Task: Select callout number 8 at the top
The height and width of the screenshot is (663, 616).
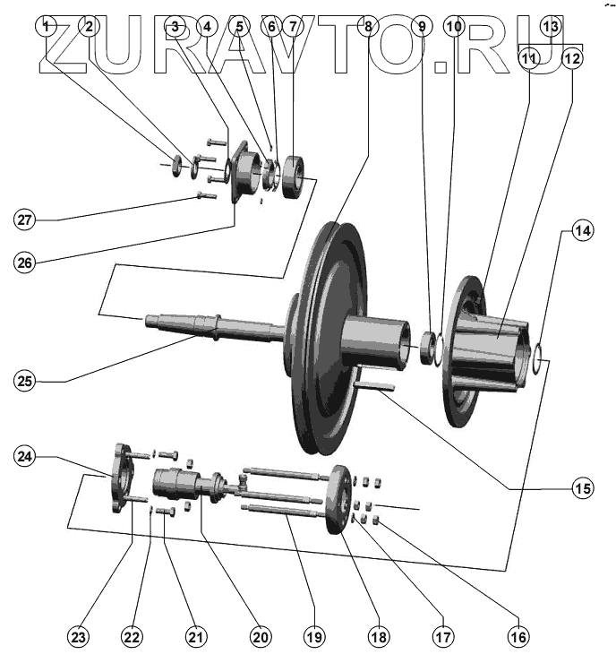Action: point(366,27)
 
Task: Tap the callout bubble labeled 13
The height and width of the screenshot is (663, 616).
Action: point(552,26)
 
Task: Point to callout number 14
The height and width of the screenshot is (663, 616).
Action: point(582,231)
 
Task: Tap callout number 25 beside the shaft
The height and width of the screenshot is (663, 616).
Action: point(27,381)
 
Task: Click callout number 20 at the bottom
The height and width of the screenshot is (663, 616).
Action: point(260,637)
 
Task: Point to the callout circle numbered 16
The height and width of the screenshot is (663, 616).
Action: point(517,637)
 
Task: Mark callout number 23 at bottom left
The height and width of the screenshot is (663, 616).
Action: point(80,637)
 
